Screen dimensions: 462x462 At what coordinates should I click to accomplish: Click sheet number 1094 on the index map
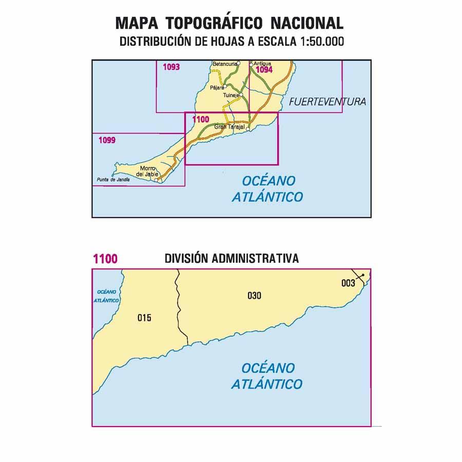click(264, 70)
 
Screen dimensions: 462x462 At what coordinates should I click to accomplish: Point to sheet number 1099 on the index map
click(107, 139)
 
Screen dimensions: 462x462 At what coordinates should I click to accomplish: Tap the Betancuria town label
click(224, 64)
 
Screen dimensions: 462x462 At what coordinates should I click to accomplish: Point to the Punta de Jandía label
click(113, 180)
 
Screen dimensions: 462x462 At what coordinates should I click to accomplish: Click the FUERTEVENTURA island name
click(328, 102)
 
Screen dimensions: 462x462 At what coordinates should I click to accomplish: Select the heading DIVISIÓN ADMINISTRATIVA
click(232, 258)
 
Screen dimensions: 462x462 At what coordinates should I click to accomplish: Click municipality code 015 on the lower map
click(144, 318)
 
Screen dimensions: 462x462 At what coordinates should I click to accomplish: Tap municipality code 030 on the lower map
click(254, 295)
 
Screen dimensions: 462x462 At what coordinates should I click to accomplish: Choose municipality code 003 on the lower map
click(348, 283)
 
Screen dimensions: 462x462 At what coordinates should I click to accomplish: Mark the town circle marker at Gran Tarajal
click(248, 130)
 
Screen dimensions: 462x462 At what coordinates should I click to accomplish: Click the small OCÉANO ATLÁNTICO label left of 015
click(107, 296)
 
